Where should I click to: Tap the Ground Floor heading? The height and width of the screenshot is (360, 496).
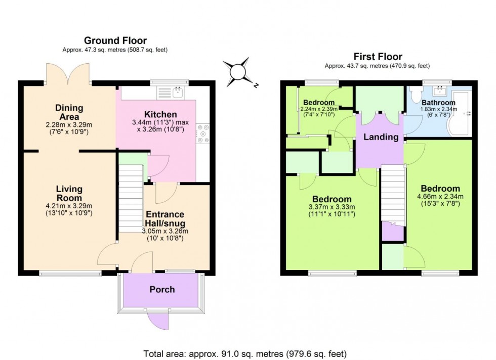(115, 40)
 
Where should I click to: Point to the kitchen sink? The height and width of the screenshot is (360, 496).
(177, 92)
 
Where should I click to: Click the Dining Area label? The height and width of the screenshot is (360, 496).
(69, 112)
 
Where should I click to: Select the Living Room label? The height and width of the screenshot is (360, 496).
(69, 193)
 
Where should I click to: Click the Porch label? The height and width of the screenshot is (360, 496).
(162, 289)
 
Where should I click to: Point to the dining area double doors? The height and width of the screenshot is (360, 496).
(68, 74)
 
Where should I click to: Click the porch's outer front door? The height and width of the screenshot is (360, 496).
(158, 319)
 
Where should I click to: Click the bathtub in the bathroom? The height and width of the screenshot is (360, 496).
(462, 114)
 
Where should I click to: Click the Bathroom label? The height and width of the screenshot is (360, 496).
(438, 103)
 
